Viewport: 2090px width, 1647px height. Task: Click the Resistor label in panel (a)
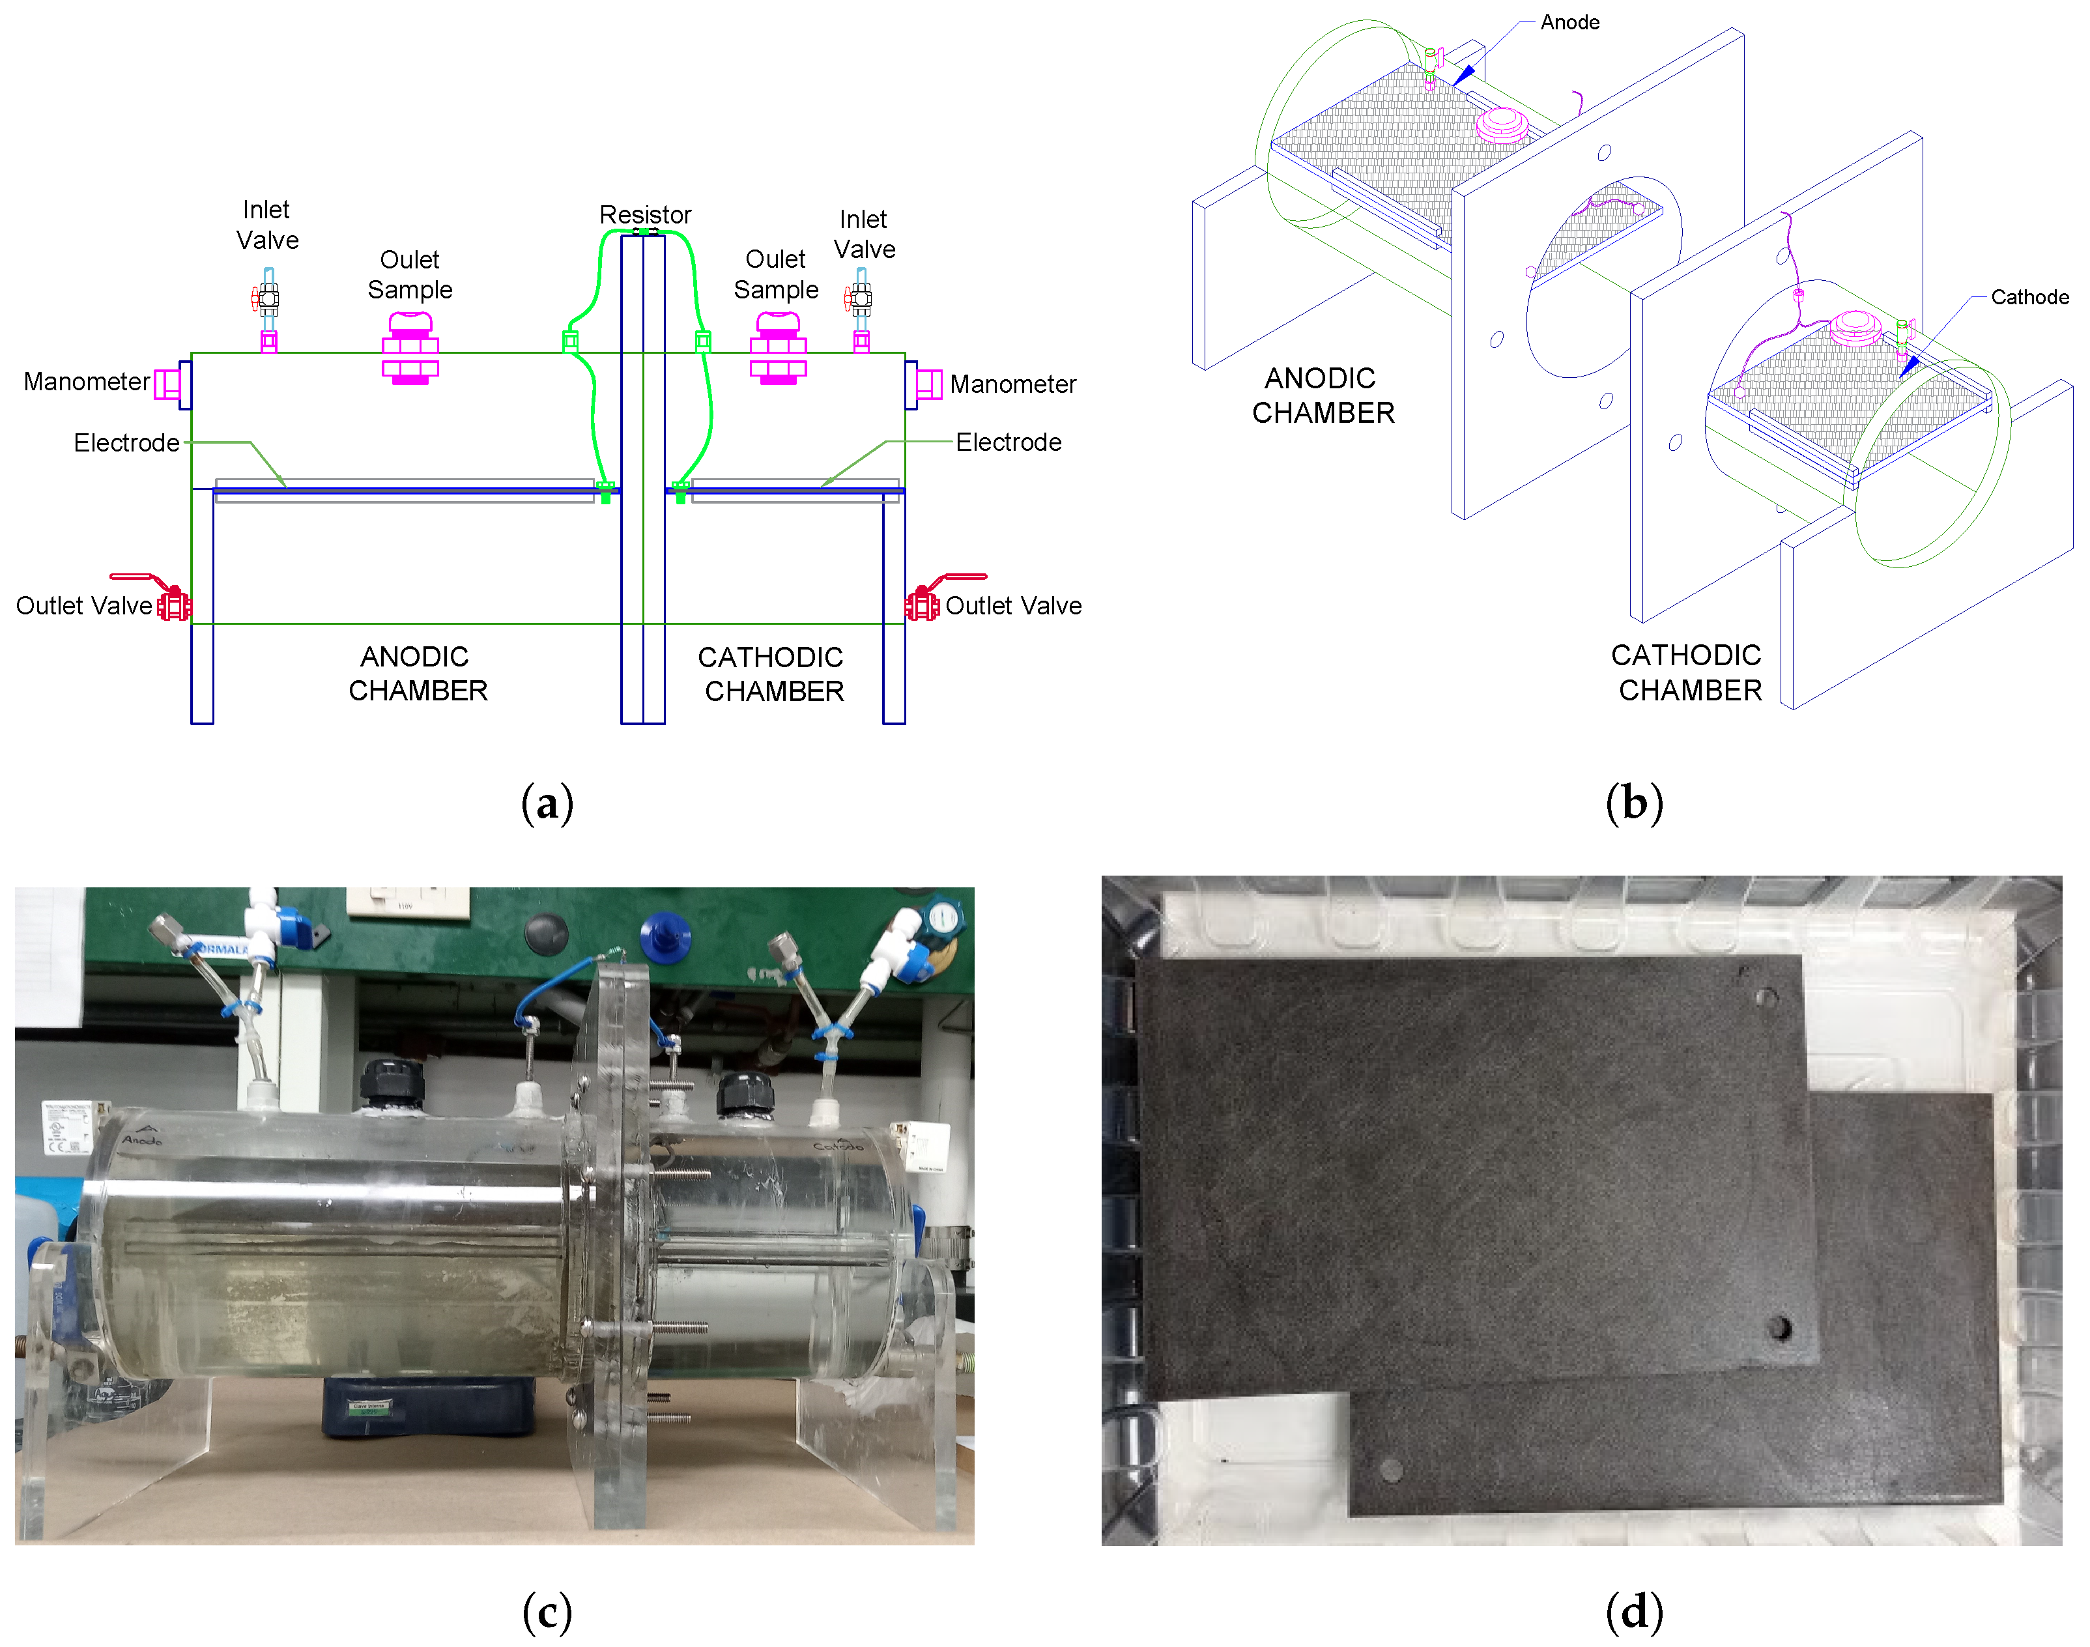645,214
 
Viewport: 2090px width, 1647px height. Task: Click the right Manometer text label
1012,384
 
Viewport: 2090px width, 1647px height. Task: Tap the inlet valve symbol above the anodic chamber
268,300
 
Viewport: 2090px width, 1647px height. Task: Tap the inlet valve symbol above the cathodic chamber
860,300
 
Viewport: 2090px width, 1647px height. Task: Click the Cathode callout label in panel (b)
2029,297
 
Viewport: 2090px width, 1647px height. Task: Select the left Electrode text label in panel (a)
126,442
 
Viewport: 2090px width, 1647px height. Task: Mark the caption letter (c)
547,1611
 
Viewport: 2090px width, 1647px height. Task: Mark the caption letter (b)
1634,802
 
